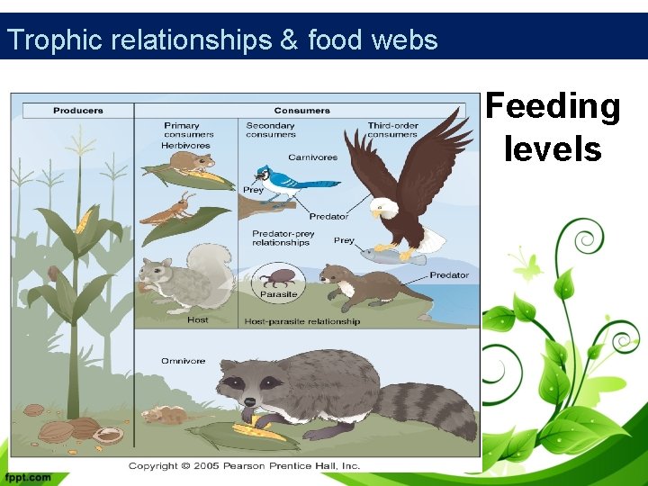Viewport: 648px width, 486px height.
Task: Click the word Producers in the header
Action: pyautogui.click(x=78, y=111)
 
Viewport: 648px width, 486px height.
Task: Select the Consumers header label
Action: pyautogui.click(x=301, y=111)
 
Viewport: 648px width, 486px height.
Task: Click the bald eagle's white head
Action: pyautogui.click(x=385, y=209)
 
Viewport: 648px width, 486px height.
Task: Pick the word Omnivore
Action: pyautogui.click(x=183, y=361)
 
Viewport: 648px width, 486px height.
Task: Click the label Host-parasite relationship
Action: pyautogui.click(x=301, y=321)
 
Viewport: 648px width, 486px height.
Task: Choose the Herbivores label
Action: pyautogui.click(x=185, y=145)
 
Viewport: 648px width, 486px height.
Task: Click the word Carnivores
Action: pyautogui.click(x=314, y=157)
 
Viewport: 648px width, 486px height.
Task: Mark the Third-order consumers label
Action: pyautogui.click(x=392, y=130)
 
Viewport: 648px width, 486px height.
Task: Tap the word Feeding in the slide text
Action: pyautogui.click(x=553, y=106)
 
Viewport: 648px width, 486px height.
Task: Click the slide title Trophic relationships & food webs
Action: pyautogui.click(x=221, y=40)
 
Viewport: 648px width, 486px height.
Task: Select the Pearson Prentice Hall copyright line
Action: pyautogui.click(x=244, y=465)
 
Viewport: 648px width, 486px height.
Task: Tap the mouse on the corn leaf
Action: pyautogui.click(x=191, y=161)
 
